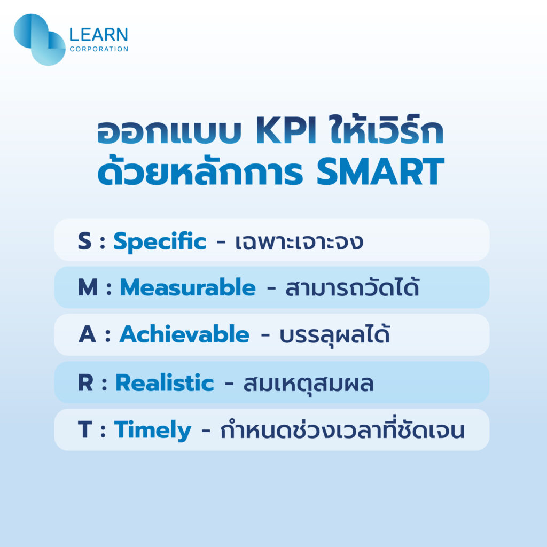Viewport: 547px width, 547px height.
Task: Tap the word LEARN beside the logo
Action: pos(99,35)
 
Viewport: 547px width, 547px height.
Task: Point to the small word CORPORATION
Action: pos(99,49)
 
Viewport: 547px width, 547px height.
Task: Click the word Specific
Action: pos(159,241)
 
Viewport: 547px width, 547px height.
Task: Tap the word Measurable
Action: pos(187,288)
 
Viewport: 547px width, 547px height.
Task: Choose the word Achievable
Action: pos(184,335)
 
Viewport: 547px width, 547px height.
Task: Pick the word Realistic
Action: pos(165,383)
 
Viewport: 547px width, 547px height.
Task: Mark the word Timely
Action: pos(152,431)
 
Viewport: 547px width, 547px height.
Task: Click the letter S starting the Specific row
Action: pos(84,241)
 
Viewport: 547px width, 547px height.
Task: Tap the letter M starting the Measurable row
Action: pos(88,288)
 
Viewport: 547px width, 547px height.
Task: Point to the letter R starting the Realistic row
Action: pos(85,383)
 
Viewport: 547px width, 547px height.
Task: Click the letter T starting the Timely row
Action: pos(84,431)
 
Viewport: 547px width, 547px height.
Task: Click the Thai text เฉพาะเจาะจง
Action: pos(299,242)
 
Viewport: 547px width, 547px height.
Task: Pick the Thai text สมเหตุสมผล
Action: pos(308,383)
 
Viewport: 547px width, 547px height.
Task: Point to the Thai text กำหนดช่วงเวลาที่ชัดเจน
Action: pos(342,431)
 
